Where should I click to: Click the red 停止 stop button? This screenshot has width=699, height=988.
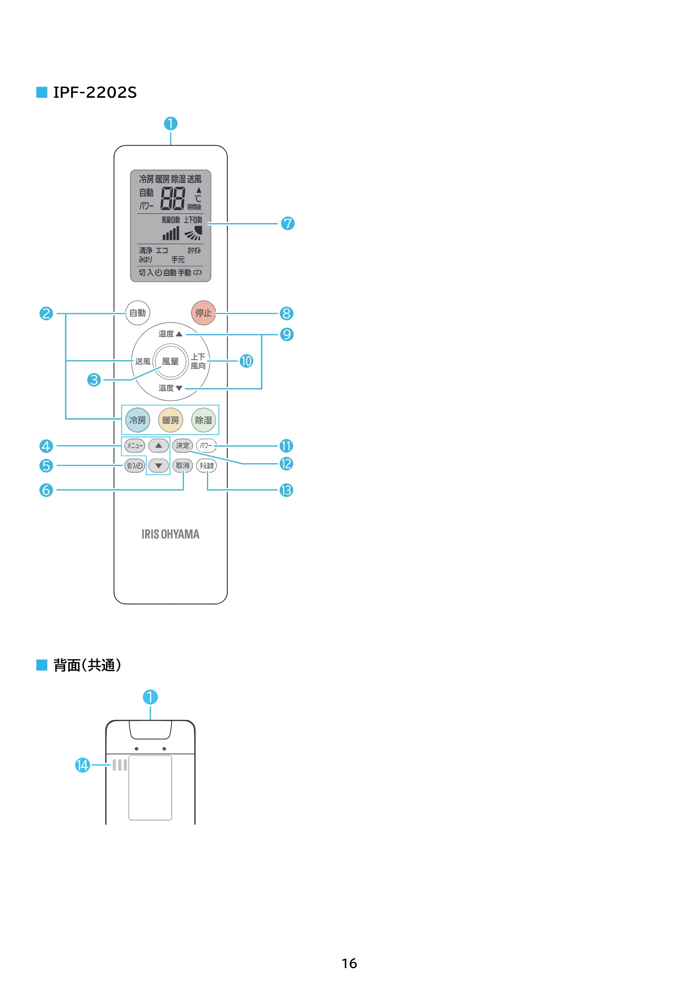(203, 313)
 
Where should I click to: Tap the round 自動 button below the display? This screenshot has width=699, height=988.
(138, 313)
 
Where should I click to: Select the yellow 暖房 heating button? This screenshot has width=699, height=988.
(171, 420)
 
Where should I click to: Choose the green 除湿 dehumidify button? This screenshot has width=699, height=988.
(203, 420)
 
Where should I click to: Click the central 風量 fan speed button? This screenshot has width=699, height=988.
(171, 361)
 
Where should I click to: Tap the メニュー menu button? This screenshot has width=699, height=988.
(135, 445)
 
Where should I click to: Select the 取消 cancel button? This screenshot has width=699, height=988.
(182, 466)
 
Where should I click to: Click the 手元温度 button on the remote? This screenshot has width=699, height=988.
(206, 466)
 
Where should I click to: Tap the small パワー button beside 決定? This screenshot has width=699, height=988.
(206, 445)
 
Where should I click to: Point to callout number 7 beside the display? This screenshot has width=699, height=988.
(288, 223)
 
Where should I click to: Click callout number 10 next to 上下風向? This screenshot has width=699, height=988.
(246, 361)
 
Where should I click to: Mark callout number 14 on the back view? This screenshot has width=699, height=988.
(82, 765)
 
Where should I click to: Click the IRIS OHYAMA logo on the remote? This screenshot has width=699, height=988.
(171, 534)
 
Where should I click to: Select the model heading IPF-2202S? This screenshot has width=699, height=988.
(95, 92)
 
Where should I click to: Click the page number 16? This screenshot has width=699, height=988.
(349, 963)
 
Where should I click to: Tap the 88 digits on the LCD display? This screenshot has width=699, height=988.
(173, 198)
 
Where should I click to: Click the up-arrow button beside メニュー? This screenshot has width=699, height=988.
(158, 445)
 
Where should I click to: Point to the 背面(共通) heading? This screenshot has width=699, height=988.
(87, 665)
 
